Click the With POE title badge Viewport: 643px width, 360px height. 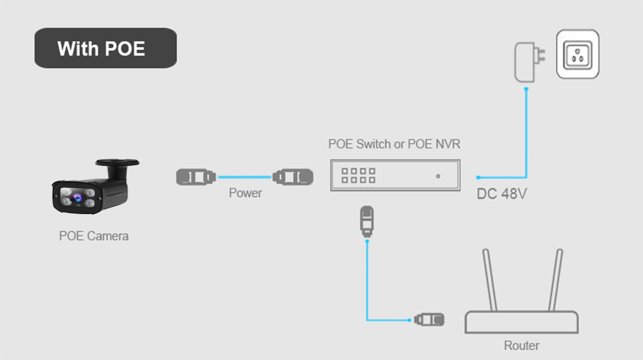(105, 48)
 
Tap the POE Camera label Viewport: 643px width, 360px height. (94, 236)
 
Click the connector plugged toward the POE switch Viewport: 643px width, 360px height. (293, 176)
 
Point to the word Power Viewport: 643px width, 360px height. (245, 193)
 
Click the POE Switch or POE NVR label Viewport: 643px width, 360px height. (394, 144)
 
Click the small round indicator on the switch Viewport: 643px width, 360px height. (438, 176)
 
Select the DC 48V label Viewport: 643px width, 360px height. (502, 194)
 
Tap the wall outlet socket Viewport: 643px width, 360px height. (577, 55)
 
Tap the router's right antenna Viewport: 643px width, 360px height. (554, 280)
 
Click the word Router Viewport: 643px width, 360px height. (521, 345)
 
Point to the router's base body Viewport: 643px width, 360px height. (521, 321)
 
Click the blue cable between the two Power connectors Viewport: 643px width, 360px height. (244, 176)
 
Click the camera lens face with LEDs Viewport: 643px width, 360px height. (76, 196)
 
